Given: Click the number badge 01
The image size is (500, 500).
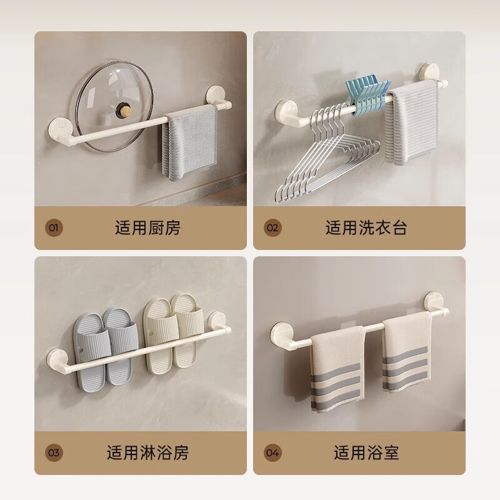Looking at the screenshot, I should click(53, 227).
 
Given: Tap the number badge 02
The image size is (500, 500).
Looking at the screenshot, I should click(272, 227).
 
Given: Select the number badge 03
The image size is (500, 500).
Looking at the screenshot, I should click(53, 451).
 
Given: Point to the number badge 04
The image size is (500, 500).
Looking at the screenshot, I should click(272, 451).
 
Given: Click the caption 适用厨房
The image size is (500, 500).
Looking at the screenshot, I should click(147, 227).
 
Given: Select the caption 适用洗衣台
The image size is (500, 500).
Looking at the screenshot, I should click(366, 227).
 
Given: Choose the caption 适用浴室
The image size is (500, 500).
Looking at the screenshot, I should click(366, 451).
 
